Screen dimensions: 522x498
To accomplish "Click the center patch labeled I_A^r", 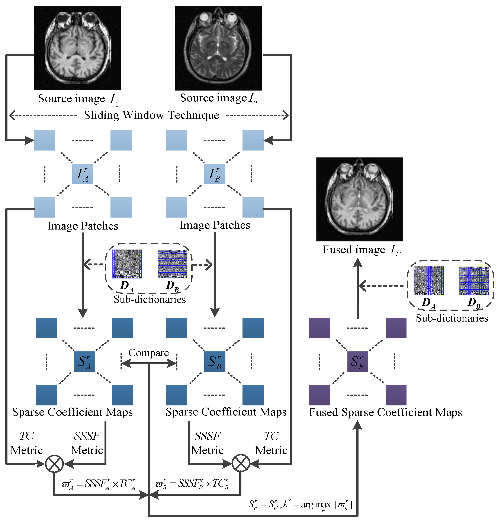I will click(x=83, y=174).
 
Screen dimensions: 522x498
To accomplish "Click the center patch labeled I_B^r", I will click(x=215, y=174).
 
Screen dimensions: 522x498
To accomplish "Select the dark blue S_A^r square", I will click(x=84, y=361).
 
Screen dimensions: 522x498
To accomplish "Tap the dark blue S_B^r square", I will click(x=215, y=361).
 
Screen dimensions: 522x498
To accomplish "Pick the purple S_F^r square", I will click(x=358, y=361).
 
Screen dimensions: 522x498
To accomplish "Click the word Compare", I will click(x=149, y=353).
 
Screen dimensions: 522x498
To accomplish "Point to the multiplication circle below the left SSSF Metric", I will click(x=54, y=464).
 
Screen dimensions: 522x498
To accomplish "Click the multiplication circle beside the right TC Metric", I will click(x=241, y=463).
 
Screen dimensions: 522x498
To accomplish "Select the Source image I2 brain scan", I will click(x=218, y=48).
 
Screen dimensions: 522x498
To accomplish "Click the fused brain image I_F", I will click(x=359, y=199).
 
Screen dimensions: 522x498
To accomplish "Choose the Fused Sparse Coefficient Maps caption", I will click(x=385, y=412).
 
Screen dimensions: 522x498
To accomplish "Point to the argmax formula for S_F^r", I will click(x=300, y=504).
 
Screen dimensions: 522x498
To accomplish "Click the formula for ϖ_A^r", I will click(x=99, y=484).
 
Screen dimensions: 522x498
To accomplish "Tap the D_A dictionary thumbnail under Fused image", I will click(x=428, y=281).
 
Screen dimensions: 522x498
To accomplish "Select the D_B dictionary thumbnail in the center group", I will click(x=172, y=264).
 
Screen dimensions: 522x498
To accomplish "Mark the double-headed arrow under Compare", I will click(x=149, y=363).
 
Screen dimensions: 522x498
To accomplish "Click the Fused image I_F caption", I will click(x=361, y=250).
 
